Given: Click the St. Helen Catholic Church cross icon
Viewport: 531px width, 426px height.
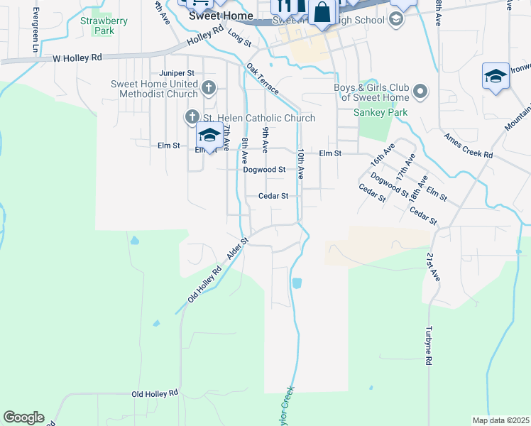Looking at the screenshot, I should click(192, 116).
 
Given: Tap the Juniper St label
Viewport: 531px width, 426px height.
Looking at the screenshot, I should click(177, 73).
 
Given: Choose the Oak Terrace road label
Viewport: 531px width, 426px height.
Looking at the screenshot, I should click(263, 81).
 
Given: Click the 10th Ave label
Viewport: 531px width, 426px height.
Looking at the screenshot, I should click(301, 163).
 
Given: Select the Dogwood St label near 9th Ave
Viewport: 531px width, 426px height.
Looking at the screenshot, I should click(263, 170).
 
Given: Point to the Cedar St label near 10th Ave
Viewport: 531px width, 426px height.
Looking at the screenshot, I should click(273, 196).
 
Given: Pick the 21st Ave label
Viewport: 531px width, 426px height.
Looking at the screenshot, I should click(433, 266).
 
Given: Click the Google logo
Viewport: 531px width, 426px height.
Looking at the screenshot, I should click(23, 417).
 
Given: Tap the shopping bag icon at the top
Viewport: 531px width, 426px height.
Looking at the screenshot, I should click(322, 12).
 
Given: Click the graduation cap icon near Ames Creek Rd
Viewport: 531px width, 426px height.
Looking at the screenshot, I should click(495, 76).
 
